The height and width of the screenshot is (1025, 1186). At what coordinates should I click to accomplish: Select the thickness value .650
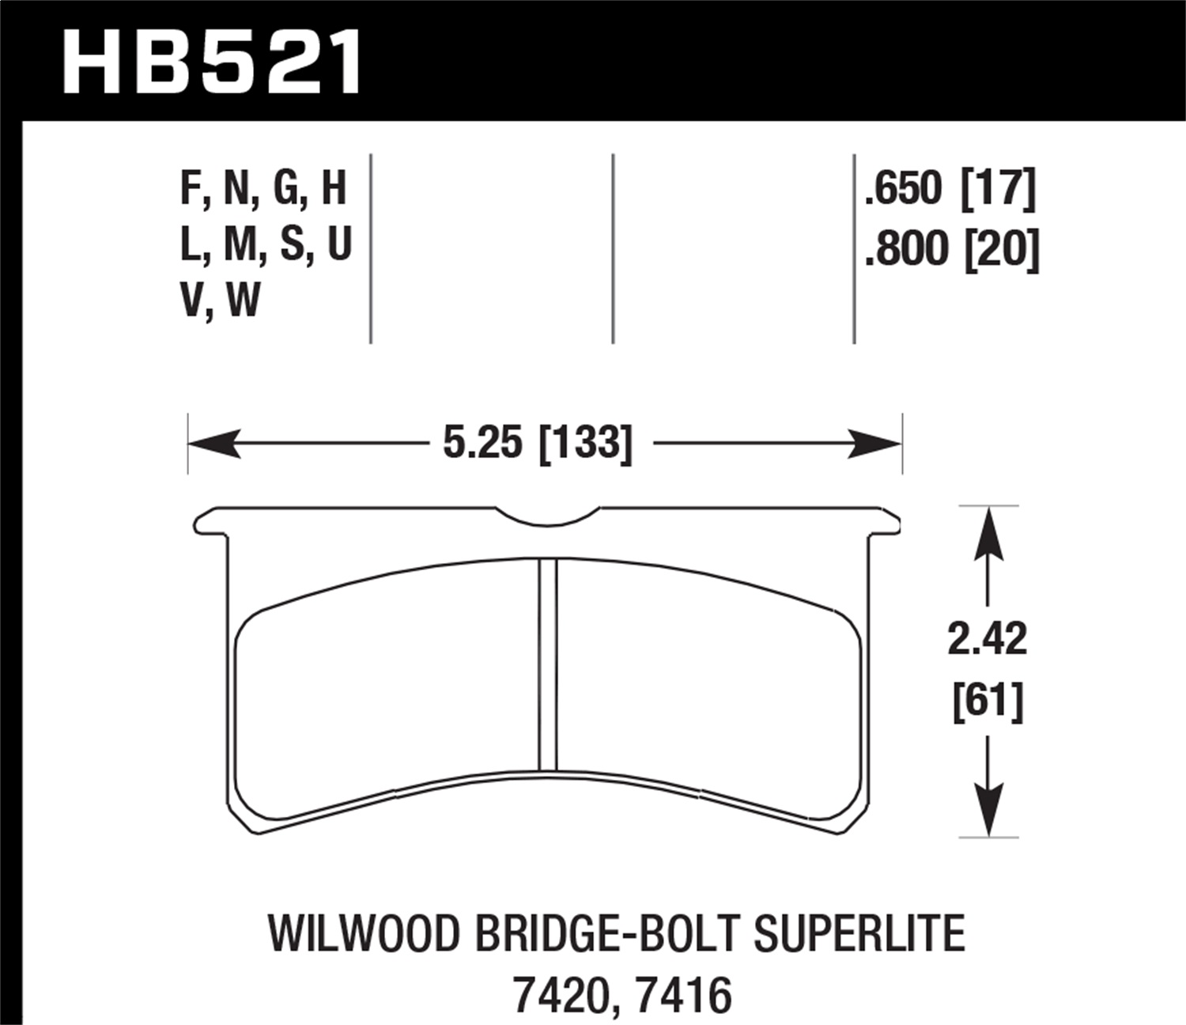point(904,189)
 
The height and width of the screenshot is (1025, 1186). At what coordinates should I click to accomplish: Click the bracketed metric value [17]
point(997,189)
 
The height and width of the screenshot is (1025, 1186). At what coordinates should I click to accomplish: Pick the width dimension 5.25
point(482,443)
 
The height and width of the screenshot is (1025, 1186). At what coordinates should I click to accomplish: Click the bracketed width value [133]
point(585,443)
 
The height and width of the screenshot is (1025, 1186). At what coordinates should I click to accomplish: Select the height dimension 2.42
point(988,639)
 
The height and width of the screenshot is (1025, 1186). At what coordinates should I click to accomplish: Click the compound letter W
point(244,301)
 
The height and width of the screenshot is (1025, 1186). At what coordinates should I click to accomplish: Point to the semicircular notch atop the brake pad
point(548,516)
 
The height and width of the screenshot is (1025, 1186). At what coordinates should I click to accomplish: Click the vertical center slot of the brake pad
point(548,664)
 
